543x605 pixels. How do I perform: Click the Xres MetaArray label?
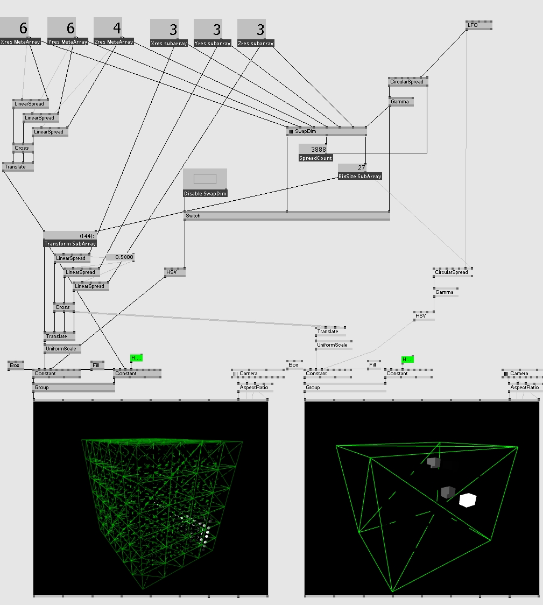click(21, 41)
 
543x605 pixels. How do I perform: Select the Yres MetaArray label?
click(68, 41)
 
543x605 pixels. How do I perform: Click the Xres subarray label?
click(169, 43)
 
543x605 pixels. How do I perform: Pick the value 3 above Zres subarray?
click(259, 29)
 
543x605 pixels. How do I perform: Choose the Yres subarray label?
click(213, 43)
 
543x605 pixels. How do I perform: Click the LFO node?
click(478, 25)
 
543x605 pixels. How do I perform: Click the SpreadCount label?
click(316, 158)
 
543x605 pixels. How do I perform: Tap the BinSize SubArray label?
click(360, 176)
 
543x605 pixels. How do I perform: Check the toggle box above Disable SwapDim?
click(205, 179)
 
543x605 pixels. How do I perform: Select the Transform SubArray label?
click(70, 243)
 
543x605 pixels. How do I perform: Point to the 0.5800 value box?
click(120, 257)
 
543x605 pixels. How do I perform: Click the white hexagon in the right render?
click(468, 500)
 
